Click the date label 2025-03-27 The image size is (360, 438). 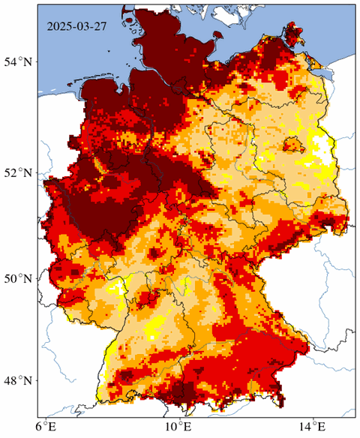tap(78, 27)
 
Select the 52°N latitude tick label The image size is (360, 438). tap(20, 172)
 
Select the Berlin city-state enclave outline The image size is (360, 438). tap(293, 144)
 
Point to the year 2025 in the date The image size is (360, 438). tap(59, 27)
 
